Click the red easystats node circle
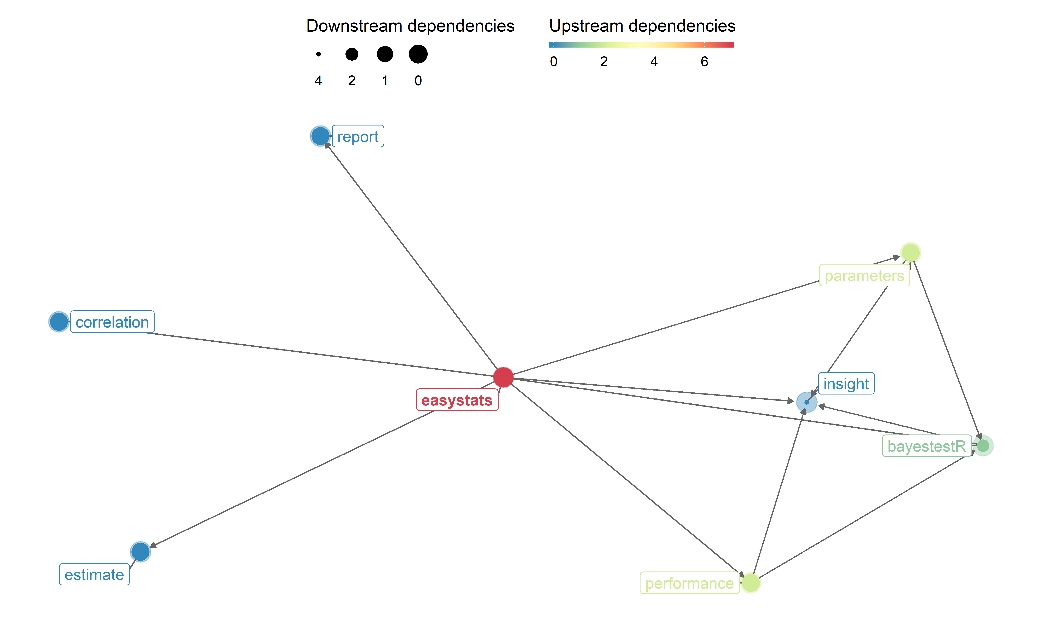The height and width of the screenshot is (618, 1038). tap(503, 377)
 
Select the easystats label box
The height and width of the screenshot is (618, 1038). tap(457, 400)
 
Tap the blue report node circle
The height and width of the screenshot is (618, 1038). tap(320, 136)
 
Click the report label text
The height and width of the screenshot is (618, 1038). tap(358, 137)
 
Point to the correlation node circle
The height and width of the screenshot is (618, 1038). tap(59, 322)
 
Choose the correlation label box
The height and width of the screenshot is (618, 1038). tap(112, 322)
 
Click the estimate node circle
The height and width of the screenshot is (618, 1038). tap(140, 552)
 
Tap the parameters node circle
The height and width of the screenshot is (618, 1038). tap(910, 253)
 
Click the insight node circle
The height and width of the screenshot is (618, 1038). tap(806, 402)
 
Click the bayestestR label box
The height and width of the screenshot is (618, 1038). tap(926, 446)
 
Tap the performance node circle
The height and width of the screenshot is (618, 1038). tap(750, 583)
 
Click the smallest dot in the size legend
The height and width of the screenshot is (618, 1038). tap(319, 54)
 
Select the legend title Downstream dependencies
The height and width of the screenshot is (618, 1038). tap(410, 26)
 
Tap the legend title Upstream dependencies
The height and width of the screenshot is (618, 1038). tap(642, 26)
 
